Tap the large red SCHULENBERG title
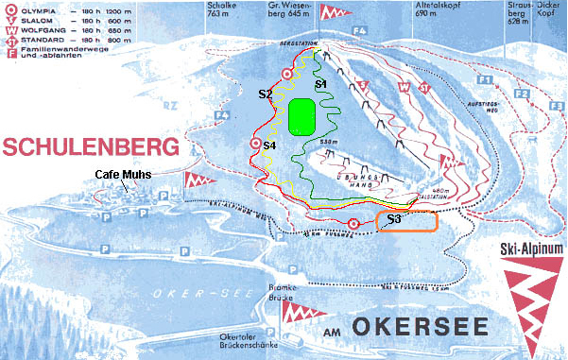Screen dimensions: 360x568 (90, 147)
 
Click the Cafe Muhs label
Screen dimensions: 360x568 (124, 174)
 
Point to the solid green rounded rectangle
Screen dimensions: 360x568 (302, 116)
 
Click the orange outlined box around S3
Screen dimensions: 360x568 (406, 222)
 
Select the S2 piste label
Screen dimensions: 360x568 (266, 94)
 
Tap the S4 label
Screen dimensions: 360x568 (268, 146)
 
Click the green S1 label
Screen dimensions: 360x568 (320, 84)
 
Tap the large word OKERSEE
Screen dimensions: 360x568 (420, 329)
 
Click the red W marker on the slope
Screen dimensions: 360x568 (404, 86)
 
